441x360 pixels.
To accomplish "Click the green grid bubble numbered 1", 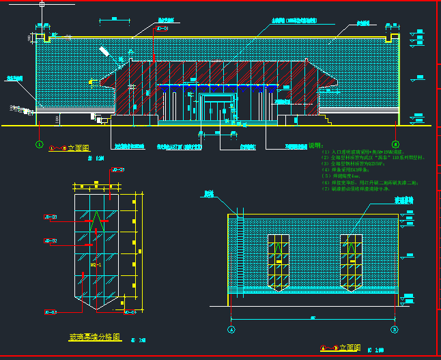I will pos(39,144).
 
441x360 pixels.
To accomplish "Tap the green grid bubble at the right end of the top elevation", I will pos(395,144).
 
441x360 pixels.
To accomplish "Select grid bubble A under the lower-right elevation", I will pos(231,329).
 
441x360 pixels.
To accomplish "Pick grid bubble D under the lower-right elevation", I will pos(395,329).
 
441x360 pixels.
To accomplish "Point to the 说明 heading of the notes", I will pos(315,146).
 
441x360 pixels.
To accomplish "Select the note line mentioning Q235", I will pos(354,164).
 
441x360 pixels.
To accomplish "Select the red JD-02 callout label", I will pos(50,240).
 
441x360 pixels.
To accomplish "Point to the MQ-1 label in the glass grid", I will pos(96,264).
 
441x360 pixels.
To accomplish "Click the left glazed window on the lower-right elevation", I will pos(279,262).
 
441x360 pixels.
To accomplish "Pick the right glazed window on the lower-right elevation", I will pos(350,262).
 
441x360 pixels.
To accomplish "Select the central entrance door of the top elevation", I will pos(218,109).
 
